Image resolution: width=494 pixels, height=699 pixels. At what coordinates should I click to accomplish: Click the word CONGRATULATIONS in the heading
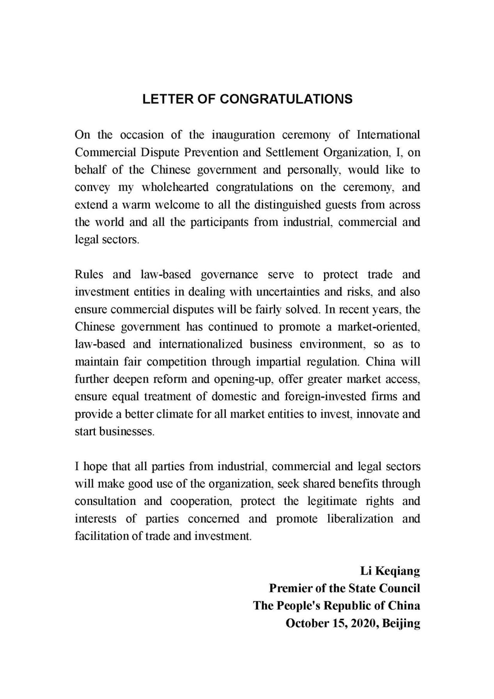click(286, 99)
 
